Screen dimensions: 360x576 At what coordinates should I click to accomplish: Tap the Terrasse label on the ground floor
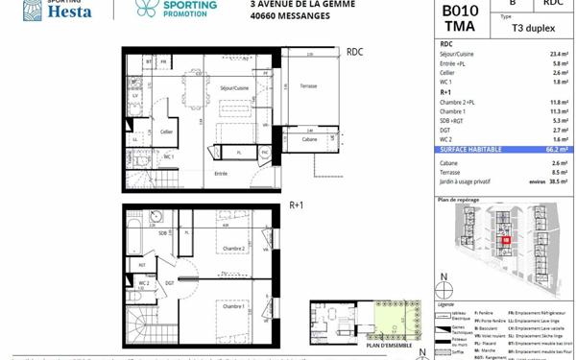coord(308,86)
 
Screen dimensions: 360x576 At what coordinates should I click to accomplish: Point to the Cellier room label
coord(166,132)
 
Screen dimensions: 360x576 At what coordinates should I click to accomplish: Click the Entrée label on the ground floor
coord(222,173)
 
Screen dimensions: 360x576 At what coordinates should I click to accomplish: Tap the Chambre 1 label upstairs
coord(230,306)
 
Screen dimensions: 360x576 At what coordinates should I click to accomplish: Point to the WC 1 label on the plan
coord(168,156)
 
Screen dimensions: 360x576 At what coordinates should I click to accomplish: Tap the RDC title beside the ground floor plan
coord(355,51)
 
